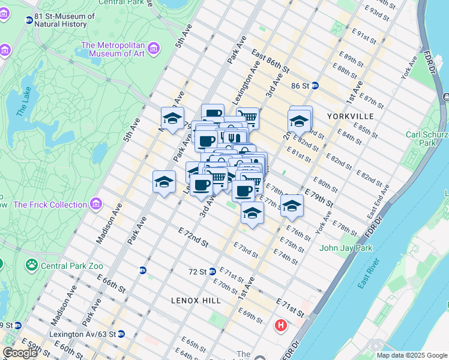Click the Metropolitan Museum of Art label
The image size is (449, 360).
(x=113, y=49)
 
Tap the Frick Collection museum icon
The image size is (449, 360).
(x=95, y=205)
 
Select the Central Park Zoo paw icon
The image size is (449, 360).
(x=31, y=265)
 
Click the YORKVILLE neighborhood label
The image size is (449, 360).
(x=351, y=116)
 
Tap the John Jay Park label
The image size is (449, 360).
(x=346, y=248)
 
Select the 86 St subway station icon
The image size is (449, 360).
(x=315, y=86)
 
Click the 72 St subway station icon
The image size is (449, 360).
(x=212, y=271)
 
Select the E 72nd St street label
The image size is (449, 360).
(x=193, y=237)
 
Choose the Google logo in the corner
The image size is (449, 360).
(x=20, y=353)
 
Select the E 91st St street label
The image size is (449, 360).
(x=366, y=36)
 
